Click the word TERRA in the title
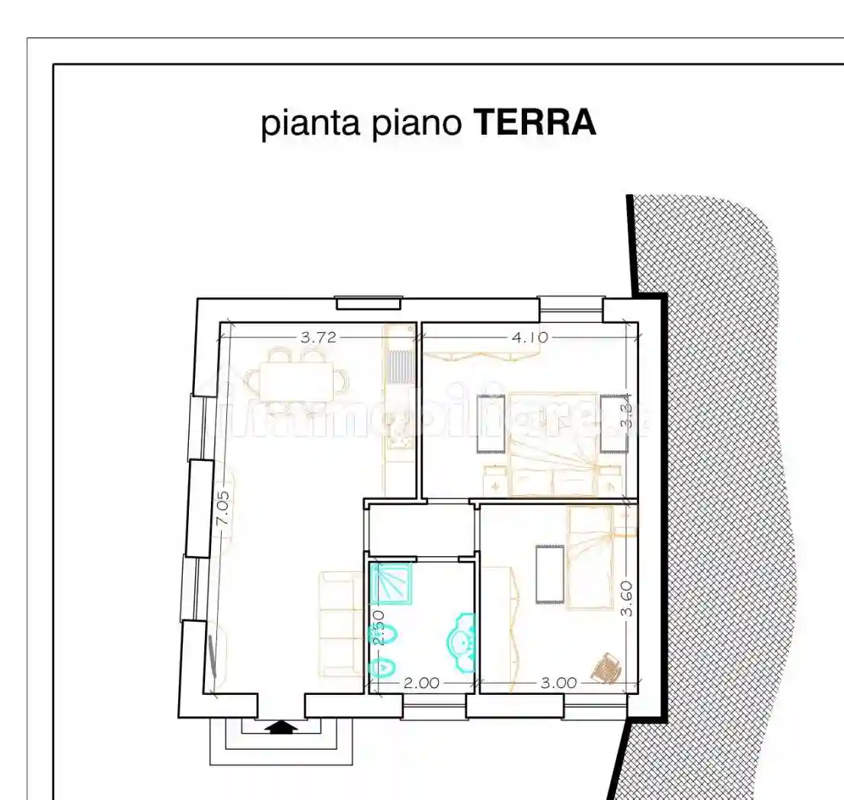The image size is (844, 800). (x=535, y=123)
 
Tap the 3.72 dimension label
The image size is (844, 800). (x=318, y=338)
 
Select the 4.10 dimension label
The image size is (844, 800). (x=529, y=337)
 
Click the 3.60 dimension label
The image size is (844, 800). (x=626, y=599)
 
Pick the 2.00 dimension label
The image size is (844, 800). (x=421, y=683)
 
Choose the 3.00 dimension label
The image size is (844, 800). (x=559, y=683)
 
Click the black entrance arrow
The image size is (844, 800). (x=281, y=727)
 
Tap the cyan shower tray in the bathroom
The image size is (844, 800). (x=391, y=583)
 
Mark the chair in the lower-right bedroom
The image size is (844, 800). (x=607, y=668)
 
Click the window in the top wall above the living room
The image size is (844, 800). (x=369, y=303)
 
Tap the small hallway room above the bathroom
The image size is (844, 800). (x=421, y=529)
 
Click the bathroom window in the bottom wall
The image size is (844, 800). (x=433, y=712)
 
